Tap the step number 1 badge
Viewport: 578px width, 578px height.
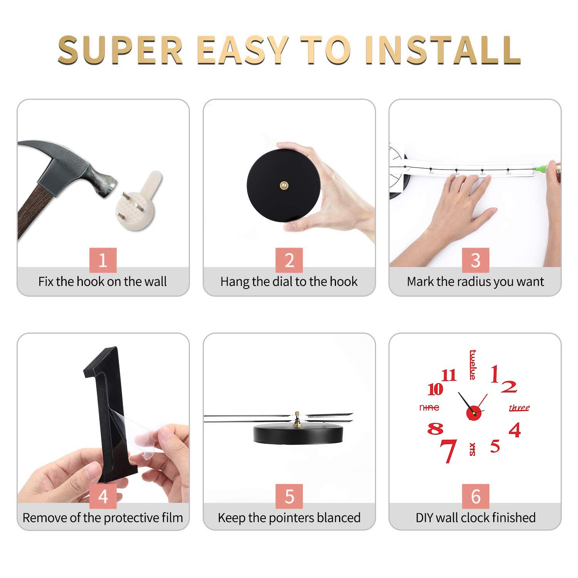pyautogui.click(x=103, y=260)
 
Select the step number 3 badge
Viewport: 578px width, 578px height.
pyautogui.click(x=476, y=260)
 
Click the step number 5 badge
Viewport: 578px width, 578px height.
pyautogui.click(x=289, y=496)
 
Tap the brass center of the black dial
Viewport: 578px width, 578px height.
pyautogui.click(x=284, y=185)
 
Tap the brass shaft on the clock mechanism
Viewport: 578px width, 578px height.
pyautogui.click(x=297, y=420)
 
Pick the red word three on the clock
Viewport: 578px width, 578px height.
pyautogui.click(x=519, y=408)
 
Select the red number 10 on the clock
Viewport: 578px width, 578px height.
pyautogui.click(x=435, y=389)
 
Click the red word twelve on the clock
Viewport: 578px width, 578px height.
pyautogui.click(x=472, y=365)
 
